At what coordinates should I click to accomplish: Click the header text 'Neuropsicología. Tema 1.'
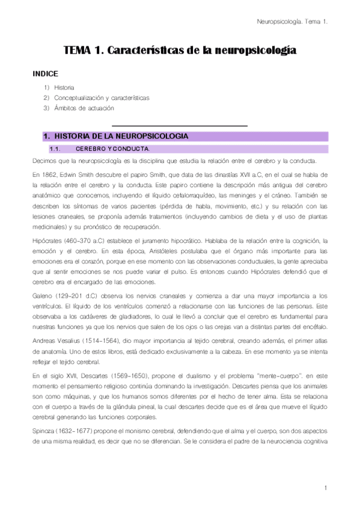291,22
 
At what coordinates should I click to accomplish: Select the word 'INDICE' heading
45,74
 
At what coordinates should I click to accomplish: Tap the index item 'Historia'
64,87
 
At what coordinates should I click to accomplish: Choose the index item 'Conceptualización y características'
102,97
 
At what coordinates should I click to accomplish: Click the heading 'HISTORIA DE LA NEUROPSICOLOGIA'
121,137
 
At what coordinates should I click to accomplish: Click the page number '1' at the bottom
324,488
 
